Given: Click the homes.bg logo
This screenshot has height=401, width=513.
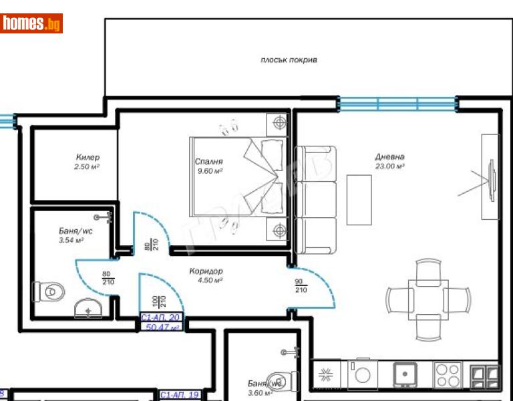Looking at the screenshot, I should pos(31,24).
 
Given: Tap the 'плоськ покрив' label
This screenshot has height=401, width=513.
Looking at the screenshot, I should pos(289,60).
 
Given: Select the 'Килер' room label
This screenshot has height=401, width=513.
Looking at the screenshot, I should pos(87,158).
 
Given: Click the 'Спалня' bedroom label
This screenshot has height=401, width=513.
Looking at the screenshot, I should pos(208,162).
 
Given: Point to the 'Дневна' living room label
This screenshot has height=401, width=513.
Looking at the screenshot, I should pos(389,157).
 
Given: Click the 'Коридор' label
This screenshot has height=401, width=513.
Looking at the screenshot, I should pos(205,271).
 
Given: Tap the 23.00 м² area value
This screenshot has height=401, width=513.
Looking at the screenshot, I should pos(389,166).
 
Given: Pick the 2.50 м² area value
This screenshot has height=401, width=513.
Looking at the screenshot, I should pos(87,166).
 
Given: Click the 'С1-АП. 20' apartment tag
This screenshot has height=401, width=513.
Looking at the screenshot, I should pos(160,319).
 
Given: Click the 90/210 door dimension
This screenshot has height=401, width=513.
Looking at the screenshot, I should pos(301,285).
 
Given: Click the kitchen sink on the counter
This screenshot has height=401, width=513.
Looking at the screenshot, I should pos(405,374).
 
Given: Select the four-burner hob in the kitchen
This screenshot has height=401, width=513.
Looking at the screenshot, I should pos(446,374).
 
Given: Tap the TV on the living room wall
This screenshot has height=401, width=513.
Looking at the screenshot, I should pos(491,177).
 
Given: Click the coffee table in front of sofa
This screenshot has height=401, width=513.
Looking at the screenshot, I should pos(358,200).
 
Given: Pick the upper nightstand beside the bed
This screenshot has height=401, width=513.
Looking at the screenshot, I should pos(278,123).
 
